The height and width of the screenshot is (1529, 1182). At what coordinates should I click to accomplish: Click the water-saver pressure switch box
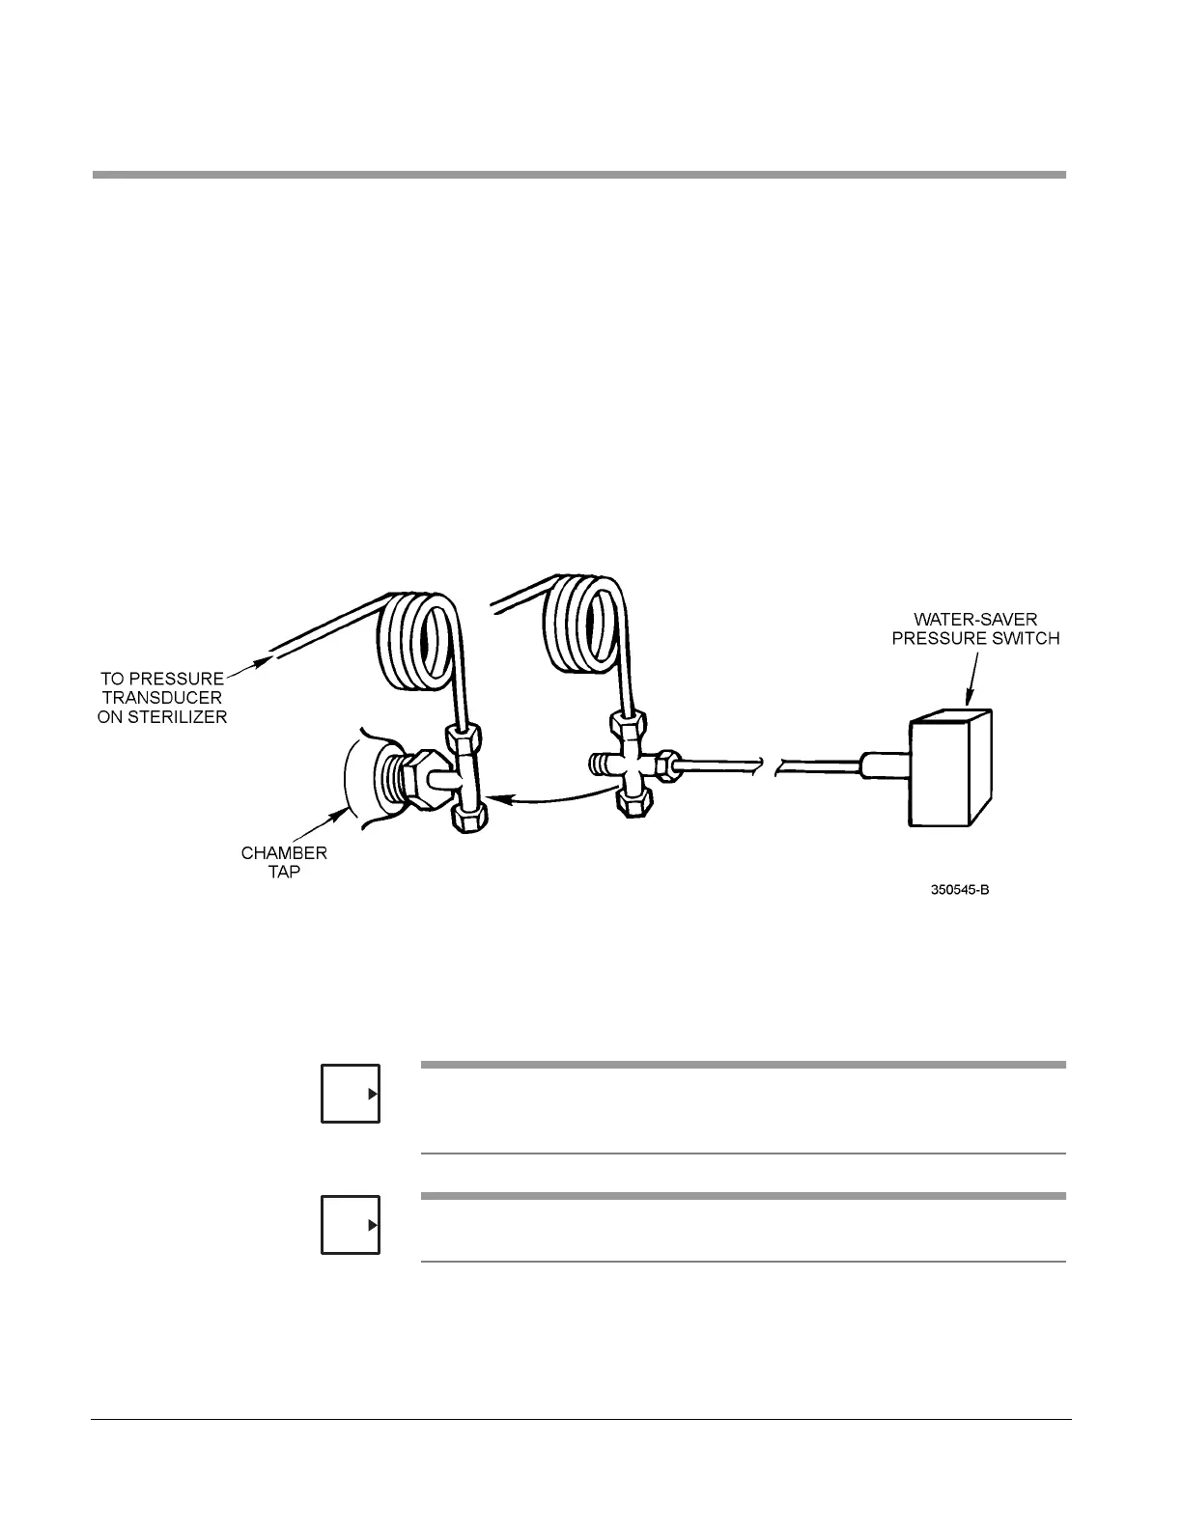click(x=951, y=769)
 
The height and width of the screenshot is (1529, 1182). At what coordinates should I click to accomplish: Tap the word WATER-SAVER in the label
click(x=975, y=620)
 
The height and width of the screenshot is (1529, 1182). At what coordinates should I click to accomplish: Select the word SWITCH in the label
click(x=1026, y=638)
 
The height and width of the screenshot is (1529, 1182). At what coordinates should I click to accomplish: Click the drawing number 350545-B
click(x=959, y=889)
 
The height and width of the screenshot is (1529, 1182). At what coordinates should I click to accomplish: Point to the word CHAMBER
click(x=284, y=853)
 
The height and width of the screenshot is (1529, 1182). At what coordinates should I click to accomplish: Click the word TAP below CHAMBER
click(x=284, y=872)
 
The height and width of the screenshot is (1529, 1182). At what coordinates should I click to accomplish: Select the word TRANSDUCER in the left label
click(x=162, y=698)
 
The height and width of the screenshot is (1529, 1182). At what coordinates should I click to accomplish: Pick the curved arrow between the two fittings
click(x=550, y=793)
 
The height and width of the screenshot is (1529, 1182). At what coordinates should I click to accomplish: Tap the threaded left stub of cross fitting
click(x=600, y=765)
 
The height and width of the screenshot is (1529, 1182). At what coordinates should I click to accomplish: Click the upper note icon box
click(x=351, y=1094)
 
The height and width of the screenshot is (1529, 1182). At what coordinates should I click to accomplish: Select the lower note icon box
click(x=351, y=1225)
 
